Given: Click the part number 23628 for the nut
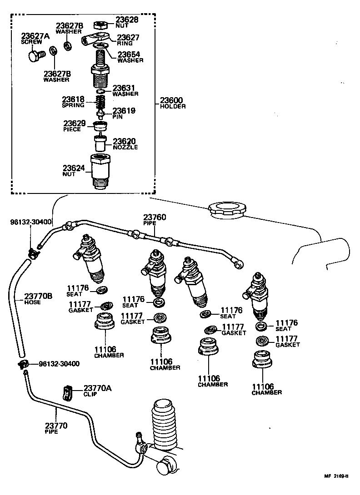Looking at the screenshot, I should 126,20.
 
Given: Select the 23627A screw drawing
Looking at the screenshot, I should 34,55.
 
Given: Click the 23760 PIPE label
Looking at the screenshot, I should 155,220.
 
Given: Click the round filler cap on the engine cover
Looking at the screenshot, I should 227,210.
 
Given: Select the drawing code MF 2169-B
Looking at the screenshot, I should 336,476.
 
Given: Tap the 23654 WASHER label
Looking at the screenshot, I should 130,57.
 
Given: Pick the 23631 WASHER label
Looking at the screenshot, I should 125,90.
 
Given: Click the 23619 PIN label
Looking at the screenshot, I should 124,113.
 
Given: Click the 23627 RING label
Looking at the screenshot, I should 128,40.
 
